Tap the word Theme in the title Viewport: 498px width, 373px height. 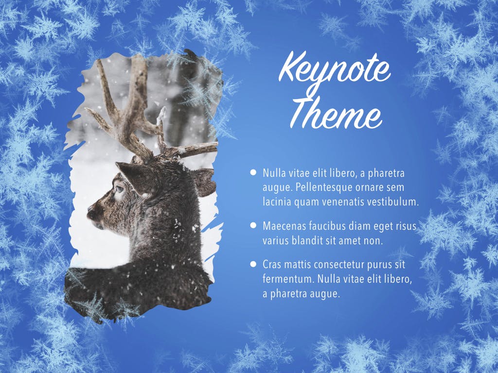[x=336, y=114]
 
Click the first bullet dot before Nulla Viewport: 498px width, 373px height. [x=253, y=172]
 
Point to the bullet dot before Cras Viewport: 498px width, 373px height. [x=253, y=264]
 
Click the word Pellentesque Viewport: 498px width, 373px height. [x=323, y=187]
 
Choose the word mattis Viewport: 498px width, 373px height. [x=296, y=265]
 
